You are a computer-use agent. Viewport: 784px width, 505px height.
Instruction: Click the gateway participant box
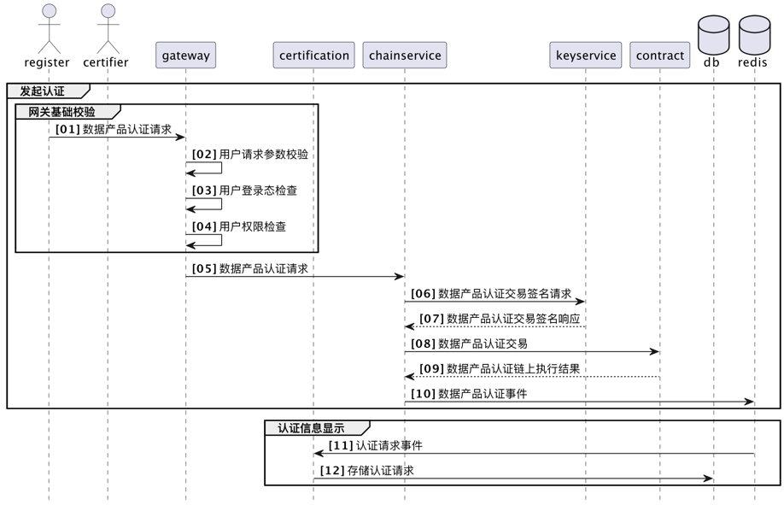point(185,56)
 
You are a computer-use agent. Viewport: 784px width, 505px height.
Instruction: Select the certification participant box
point(313,56)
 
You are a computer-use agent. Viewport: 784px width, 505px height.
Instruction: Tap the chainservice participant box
point(405,56)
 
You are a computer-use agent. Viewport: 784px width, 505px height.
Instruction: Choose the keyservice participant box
point(586,56)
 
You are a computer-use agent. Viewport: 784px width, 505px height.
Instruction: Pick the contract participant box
point(660,56)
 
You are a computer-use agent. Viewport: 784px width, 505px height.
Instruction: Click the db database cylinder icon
point(713,34)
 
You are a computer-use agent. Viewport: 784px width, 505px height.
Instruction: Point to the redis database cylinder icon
point(754,34)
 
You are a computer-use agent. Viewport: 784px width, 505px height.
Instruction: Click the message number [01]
point(67,130)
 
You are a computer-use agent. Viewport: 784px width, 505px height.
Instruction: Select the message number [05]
point(204,268)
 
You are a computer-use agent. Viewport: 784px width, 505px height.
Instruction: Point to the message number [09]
point(431,369)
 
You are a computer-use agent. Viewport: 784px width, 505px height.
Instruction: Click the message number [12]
point(332,471)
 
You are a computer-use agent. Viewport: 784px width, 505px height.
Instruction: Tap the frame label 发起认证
point(42,91)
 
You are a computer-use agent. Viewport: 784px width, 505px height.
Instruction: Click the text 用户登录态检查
point(258,191)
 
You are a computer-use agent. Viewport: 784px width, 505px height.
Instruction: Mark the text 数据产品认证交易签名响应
point(513,319)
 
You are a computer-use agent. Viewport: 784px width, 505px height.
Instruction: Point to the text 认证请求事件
point(389,445)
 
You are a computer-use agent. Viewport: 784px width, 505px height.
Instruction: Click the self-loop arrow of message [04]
point(214,240)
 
